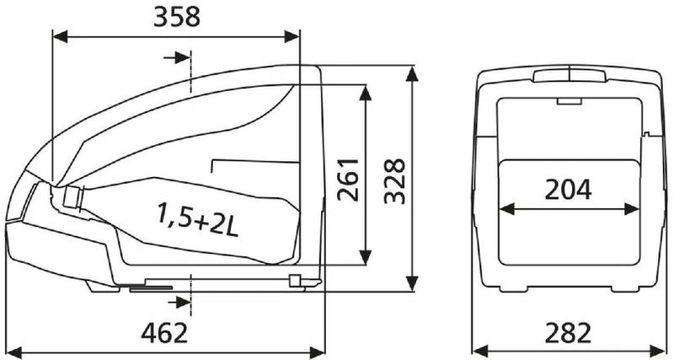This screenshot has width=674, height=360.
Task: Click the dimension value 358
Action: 177,18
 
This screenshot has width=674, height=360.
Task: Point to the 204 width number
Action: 568,190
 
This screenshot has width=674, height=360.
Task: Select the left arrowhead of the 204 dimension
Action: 508,208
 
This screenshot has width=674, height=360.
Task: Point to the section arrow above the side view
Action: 179,56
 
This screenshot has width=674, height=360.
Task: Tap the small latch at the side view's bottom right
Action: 295,280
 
